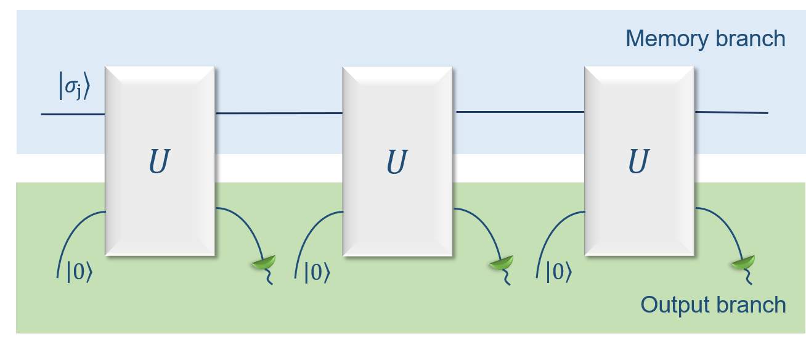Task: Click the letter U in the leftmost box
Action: pyautogui.click(x=159, y=162)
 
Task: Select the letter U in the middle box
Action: pyautogui.click(x=397, y=162)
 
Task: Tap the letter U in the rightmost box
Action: pyautogui.click(x=638, y=162)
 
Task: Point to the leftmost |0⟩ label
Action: pyautogui.click(x=79, y=272)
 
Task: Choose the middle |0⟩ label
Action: pyautogui.click(x=317, y=272)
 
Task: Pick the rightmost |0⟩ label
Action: pyautogui.click(x=558, y=272)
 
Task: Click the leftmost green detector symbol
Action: pyautogui.click(x=264, y=264)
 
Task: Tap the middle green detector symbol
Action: pyautogui.click(x=501, y=264)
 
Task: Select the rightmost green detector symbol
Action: pyautogui.click(x=743, y=264)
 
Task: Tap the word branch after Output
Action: pyautogui.click(x=754, y=305)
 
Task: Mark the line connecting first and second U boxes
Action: pyautogui.click(x=279, y=113)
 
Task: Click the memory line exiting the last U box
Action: pyautogui.click(x=731, y=112)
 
